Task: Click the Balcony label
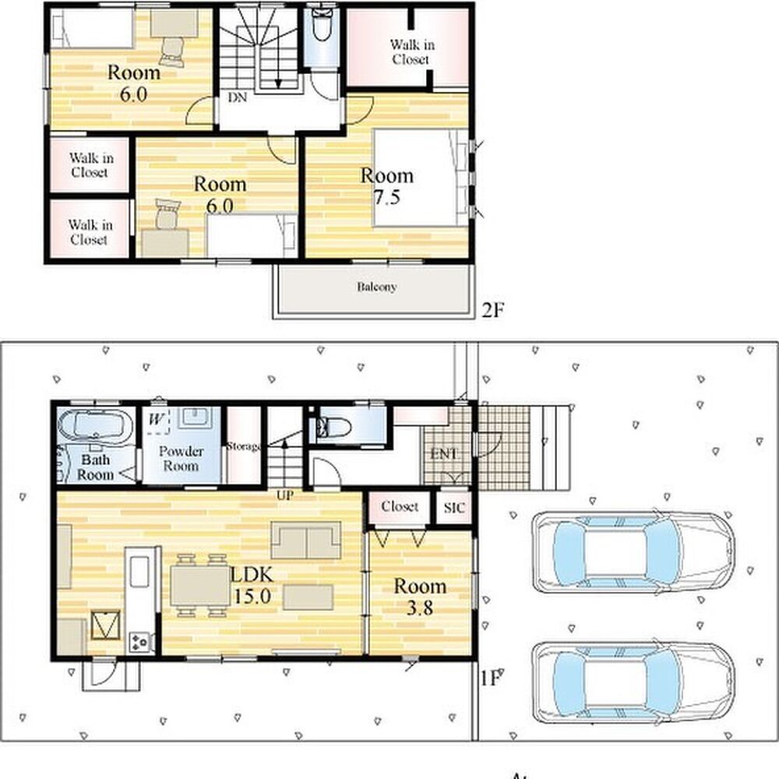376,287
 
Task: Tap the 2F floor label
493,311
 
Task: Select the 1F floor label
490,679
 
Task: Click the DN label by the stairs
237,97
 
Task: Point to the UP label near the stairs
284,495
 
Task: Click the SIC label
454,508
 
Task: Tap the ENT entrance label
443,453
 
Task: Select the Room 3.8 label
420,597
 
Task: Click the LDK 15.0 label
252,585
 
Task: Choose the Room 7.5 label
386,186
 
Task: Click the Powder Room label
181,459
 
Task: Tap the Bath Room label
95,467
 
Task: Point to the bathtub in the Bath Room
95,425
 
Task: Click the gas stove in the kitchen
139,642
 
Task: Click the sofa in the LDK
306,540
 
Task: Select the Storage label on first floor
243,446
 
